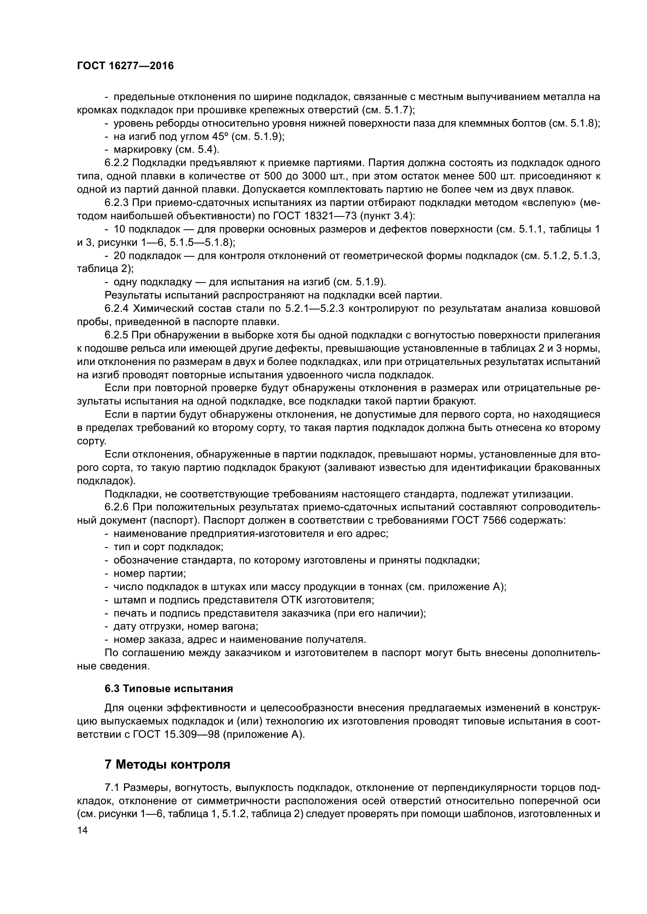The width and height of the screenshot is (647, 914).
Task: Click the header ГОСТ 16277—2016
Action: coord(125,66)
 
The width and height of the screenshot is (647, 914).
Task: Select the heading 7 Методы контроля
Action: coord(167,765)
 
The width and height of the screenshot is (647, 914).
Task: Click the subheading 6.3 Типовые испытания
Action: coord(169,689)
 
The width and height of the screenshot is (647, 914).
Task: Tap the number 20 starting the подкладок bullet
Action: coord(120,256)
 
